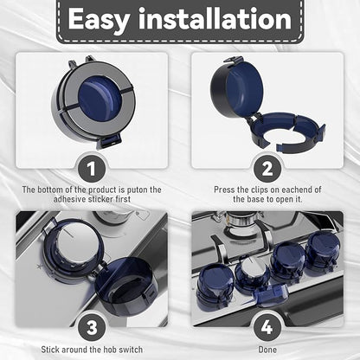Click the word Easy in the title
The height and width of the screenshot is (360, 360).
[x=99, y=20]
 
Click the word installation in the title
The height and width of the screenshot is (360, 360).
[x=215, y=19]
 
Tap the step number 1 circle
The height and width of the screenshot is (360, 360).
[x=91, y=169]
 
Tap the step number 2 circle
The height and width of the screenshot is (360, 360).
[x=267, y=169]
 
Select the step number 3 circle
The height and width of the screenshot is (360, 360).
[x=92, y=328]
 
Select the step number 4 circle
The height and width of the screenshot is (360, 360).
[x=267, y=328]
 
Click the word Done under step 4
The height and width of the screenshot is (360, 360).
[x=267, y=350]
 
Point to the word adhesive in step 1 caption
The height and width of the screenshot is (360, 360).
[x=70, y=199]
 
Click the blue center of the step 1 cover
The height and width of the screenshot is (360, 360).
[x=100, y=98]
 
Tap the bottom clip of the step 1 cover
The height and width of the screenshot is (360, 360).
[x=110, y=141]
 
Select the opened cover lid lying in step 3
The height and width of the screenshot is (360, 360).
[x=125, y=286]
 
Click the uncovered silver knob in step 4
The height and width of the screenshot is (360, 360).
[x=249, y=273]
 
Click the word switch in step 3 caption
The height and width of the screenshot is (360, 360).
[x=131, y=350]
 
